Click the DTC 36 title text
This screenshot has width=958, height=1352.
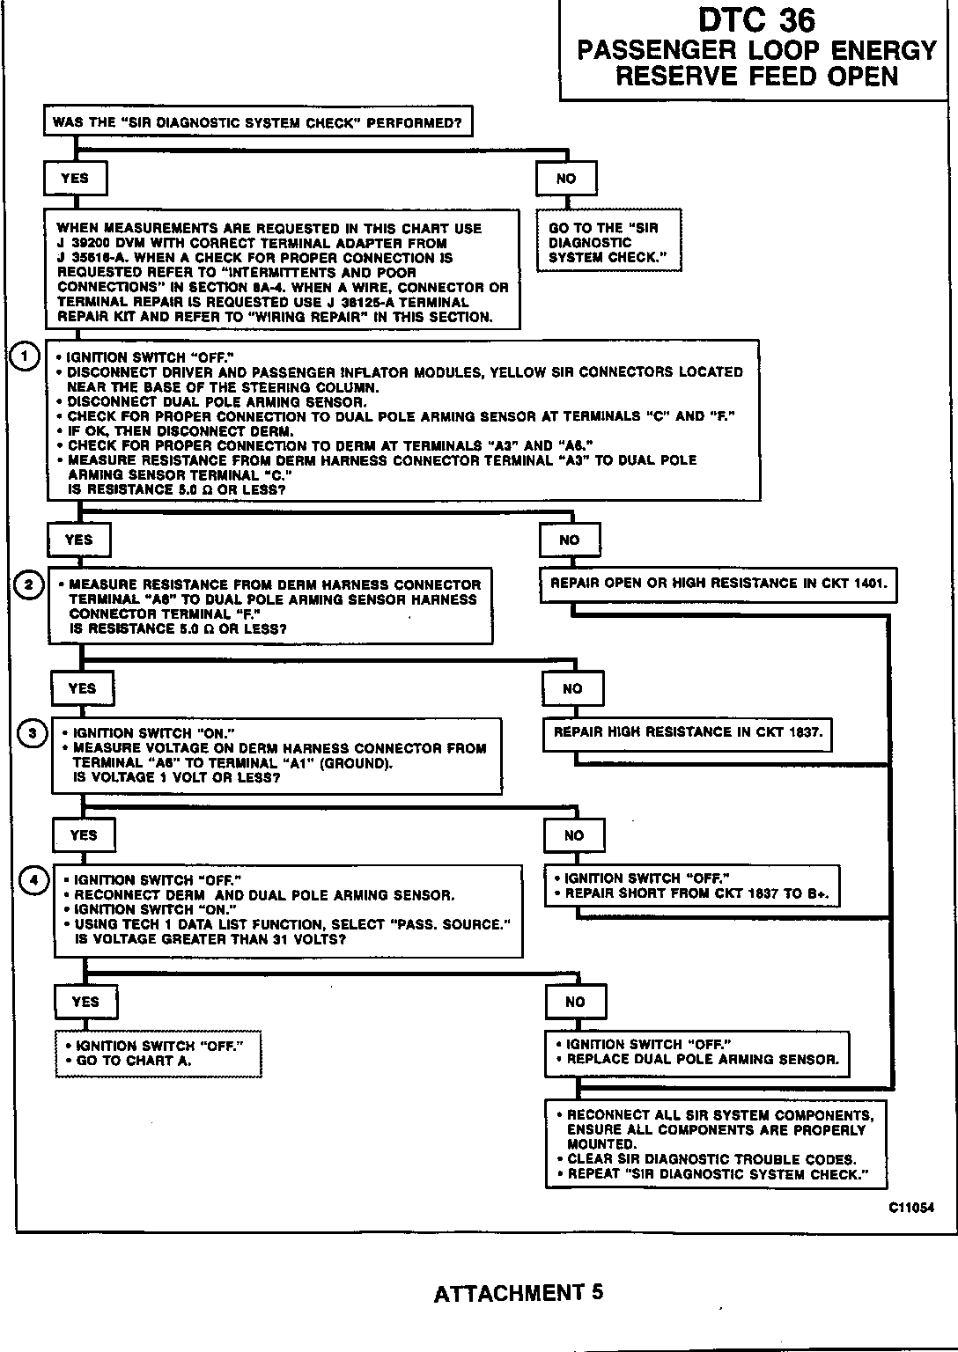coord(756,20)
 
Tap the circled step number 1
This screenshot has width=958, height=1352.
coord(26,356)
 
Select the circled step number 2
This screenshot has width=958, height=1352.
coord(29,584)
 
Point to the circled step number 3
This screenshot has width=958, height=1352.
coord(33,733)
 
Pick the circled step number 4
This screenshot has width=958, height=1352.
coord(34,880)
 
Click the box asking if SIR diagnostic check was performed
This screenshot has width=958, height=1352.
coord(257,122)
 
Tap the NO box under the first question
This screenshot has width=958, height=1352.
coord(566,179)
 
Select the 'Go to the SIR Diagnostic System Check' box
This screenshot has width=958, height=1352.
coord(608,242)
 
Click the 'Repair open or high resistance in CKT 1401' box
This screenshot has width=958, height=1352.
coord(718,584)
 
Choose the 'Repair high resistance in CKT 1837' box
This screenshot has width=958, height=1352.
coord(687,732)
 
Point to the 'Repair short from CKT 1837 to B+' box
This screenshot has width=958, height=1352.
coord(691,885)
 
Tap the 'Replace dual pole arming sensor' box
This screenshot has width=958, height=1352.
coord(696,1053)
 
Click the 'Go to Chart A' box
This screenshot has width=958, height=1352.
coord(158,1053)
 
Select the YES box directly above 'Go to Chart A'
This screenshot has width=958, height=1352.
coord(85,1002)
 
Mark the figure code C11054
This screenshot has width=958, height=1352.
coord(910,1209)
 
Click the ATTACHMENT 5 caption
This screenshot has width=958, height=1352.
coord(519,1293)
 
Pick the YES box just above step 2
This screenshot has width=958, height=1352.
coord(78,540)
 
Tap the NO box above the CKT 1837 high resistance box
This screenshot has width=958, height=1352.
coord(572,689)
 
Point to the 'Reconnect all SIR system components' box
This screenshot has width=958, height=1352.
coord(715,1143)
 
